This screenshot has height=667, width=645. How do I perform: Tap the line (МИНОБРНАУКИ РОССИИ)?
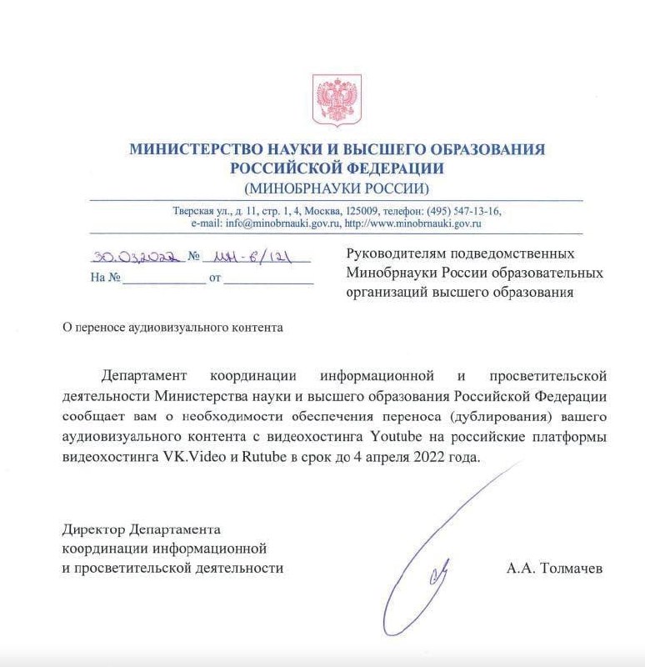pos(337,188)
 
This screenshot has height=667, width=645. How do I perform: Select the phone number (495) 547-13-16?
pos(465,211)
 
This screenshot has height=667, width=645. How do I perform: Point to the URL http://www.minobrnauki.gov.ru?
pos(413,223)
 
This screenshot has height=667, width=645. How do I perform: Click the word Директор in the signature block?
pos(94,529)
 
